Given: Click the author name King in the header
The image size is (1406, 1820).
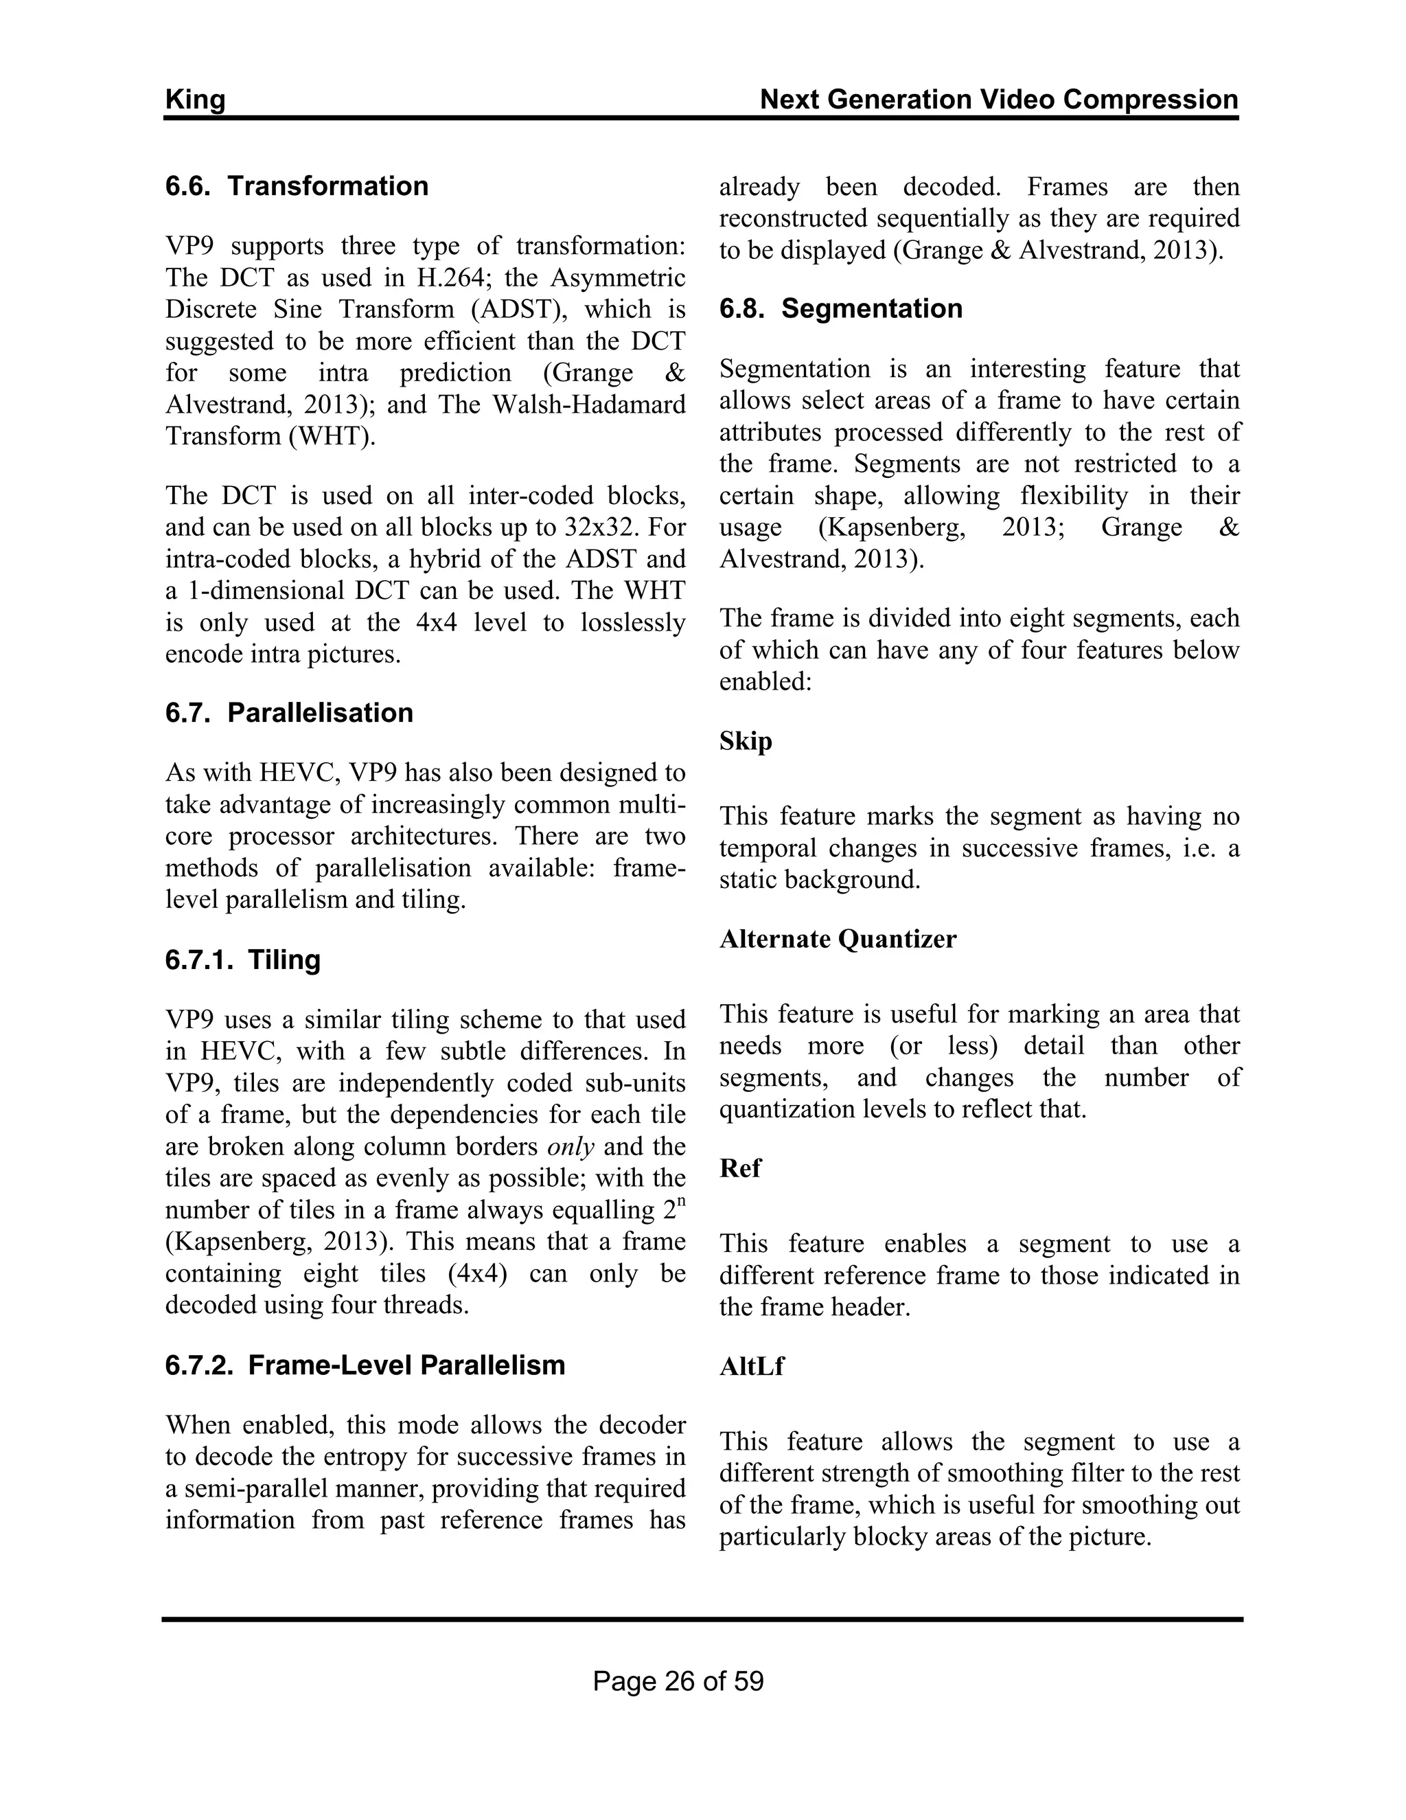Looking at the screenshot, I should [195, 100].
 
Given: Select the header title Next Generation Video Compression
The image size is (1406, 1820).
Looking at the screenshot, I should [999, 100].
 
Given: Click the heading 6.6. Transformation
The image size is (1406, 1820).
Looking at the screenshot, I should [297, 186].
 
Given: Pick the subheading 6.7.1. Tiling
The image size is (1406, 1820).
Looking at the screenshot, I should [242, 959].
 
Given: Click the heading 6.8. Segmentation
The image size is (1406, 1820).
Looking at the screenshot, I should [840, 308].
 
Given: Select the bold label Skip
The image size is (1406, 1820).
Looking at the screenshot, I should [746, 741].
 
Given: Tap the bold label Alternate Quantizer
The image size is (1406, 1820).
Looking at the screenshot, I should [838, 939].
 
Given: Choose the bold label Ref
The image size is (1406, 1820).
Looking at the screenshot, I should [739, 1168].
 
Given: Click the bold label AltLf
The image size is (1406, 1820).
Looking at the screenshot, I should [751, 1366].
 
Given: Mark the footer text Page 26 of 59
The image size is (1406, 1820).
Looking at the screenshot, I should [678, 1681].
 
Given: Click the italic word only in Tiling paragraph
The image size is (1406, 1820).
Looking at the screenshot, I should [571, 1147].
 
